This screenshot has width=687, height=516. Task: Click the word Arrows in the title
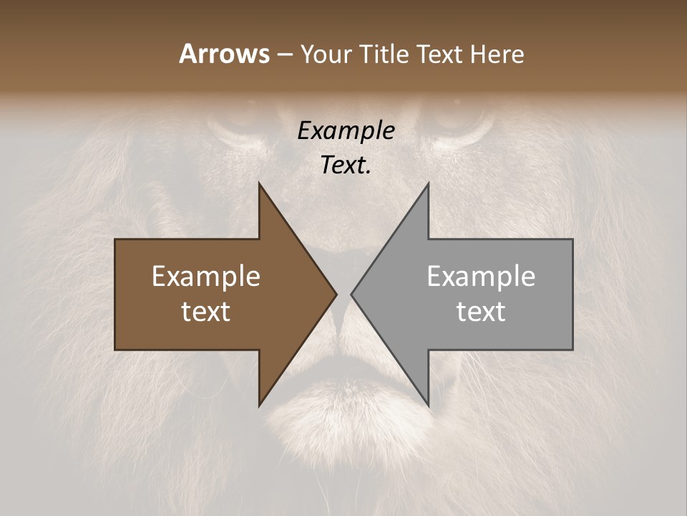click(224, 54)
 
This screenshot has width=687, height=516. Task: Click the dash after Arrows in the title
click(284, 54)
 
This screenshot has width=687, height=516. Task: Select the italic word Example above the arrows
click(346, 130)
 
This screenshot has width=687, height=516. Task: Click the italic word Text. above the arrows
click(346, 165)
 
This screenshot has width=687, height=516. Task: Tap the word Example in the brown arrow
click(206, 277)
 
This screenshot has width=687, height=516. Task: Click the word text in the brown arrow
click(206, 312)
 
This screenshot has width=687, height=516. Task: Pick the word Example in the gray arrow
click(481, 277)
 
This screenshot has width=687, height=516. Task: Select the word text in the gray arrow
click(481, 312)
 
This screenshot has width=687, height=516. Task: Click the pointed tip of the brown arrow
click(336, 294)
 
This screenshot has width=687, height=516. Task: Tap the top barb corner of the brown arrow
click(259, 184)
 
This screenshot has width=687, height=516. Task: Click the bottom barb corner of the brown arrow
click(259, 405)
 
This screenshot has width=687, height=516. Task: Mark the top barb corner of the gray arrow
click(428, 184)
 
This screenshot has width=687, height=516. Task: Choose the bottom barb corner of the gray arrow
click(428, 405)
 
